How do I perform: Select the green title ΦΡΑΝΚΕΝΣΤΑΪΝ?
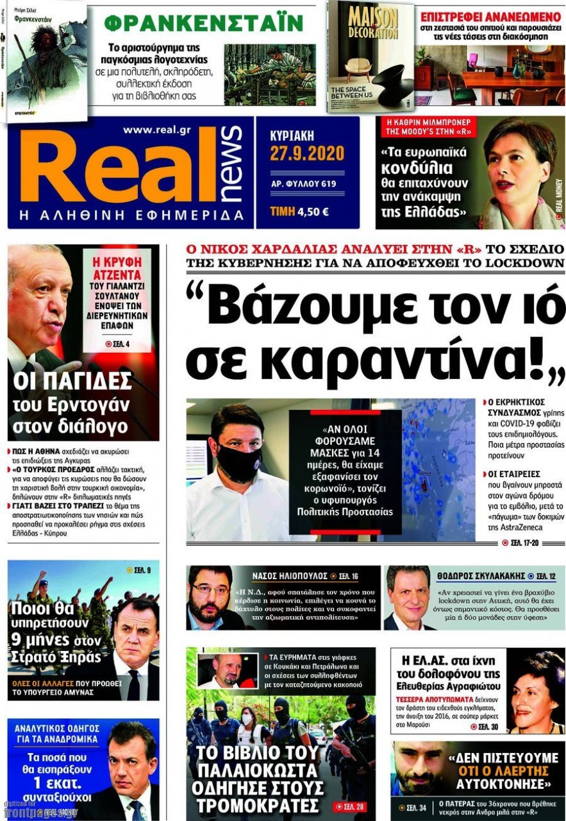click(203, 24)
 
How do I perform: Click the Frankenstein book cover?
click(46, 61)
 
